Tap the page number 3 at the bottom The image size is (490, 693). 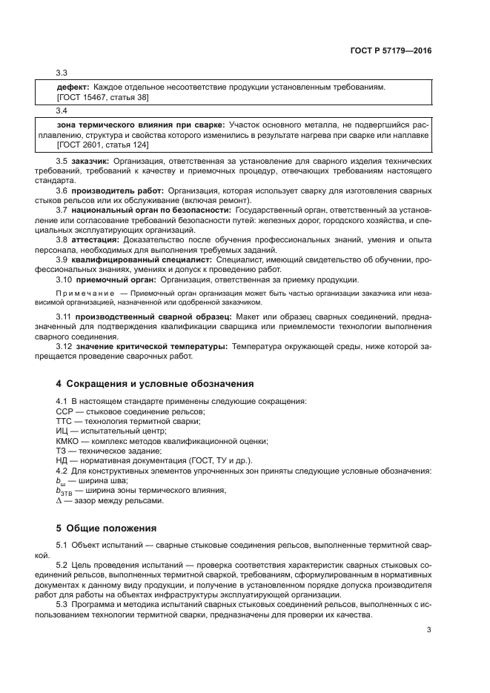pos(429,631)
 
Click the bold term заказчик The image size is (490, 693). pos(91,161)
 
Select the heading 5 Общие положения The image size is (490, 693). pos(106,528)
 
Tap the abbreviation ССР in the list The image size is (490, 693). pos(64,411)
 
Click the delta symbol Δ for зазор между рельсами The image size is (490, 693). pos(59,500)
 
